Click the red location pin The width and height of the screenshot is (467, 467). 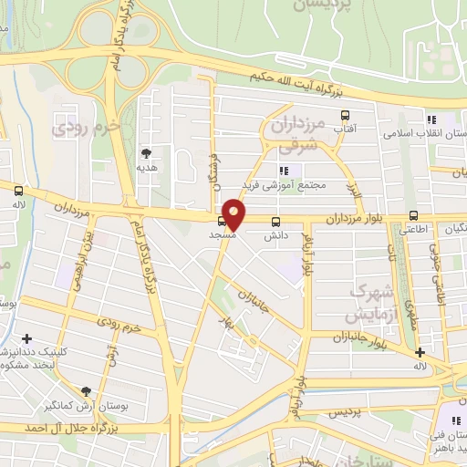pos(234,213)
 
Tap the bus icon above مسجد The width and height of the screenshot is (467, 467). pos(222,220)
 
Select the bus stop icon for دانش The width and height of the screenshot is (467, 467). pos(276,221)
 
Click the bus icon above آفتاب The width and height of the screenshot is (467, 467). pos(345,116)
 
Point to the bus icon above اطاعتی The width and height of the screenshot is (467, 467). pos(414,216)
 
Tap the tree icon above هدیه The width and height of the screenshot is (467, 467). pos(146,153)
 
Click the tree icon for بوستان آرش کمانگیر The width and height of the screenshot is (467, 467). pos(87,389)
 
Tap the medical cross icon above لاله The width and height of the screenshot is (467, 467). pos(420,352)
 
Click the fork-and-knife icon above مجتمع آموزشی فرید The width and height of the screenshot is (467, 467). pos(284,170)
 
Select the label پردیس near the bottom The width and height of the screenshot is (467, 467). pos(346,412)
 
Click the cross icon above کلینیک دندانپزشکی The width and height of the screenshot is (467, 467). pos(26,338)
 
